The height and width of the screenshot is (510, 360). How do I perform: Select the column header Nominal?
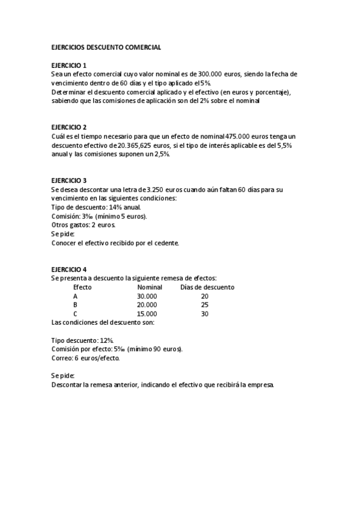coord(150,287)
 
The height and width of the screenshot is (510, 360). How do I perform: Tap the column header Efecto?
coord(82,287)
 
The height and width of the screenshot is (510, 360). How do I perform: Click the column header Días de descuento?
coord(207,287)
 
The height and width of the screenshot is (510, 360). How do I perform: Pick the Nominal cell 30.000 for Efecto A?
coord(147,296)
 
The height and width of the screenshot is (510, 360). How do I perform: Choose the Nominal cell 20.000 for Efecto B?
coord(147,305)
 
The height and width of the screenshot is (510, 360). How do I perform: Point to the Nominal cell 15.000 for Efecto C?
coord(147,314)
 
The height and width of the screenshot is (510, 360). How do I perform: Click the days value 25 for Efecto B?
coord(204,305)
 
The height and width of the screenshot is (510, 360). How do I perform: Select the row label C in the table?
coord(75,314)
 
